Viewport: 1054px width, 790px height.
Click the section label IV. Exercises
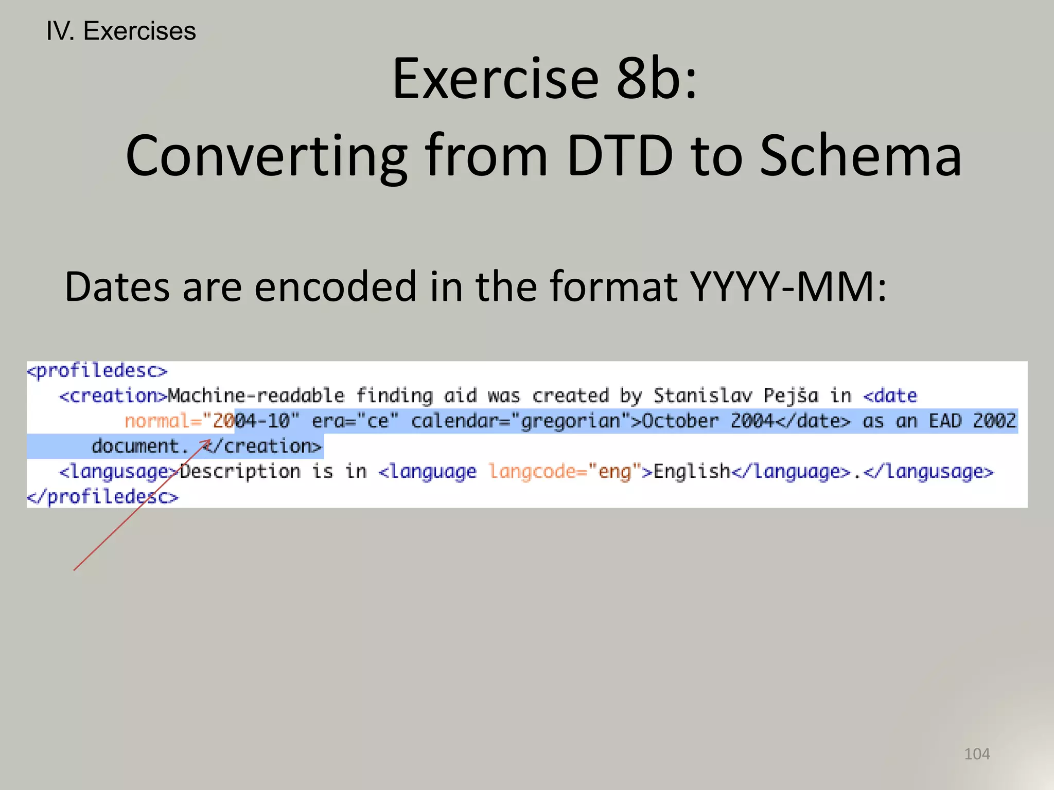[x=121, y=31]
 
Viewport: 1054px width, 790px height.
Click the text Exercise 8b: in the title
[x=544, y=79]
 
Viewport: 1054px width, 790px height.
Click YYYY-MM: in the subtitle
[x=788, y=286]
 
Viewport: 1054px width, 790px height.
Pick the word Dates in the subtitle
[x=117, y=286]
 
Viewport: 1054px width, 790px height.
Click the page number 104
[x=977, y=754]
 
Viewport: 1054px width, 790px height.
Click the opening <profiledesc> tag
[x=97, y=371]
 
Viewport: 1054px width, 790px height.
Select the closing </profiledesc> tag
[x=102, y=497]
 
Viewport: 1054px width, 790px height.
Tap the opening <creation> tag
[x=113, y=396]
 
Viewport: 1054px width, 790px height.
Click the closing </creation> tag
[x=262, y=446]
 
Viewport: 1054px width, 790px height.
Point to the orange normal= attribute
[x=163, y=421]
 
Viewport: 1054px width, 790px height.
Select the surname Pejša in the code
[x=790, y=396]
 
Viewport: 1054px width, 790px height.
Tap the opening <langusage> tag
[x=119, y=472]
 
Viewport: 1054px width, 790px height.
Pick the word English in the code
[x=692, y=472]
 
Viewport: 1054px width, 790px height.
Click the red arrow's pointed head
[x=208, y=441]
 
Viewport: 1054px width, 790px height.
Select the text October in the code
[x=680, y=421]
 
